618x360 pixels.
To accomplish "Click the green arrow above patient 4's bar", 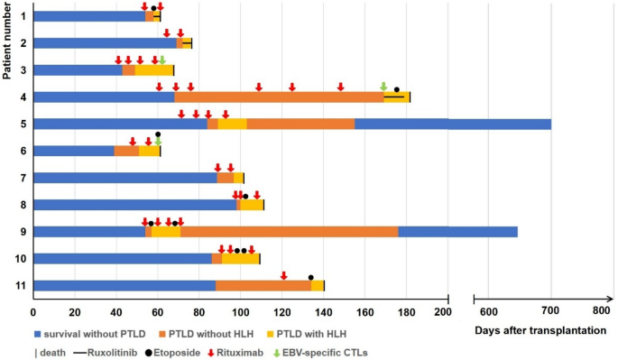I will [x=383, y=87].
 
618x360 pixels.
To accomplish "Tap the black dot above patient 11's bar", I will [x=311, y=277].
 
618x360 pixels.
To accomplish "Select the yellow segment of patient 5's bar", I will [x=232, y=124].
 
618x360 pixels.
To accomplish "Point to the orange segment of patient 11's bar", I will [x=263, y=286].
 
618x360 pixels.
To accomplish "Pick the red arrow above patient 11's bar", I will [x=284, y=276].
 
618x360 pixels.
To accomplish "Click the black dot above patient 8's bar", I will [x=245, y=196].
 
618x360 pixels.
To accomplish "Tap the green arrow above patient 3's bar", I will [x=162, y=60].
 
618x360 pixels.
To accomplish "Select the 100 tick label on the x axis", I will [x=240, y=313].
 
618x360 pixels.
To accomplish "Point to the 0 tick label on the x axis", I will [x=33, y=313].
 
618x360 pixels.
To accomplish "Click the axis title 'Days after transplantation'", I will [x=540, y=331].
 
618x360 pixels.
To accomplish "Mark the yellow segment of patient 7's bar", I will [x=238, y=178].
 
